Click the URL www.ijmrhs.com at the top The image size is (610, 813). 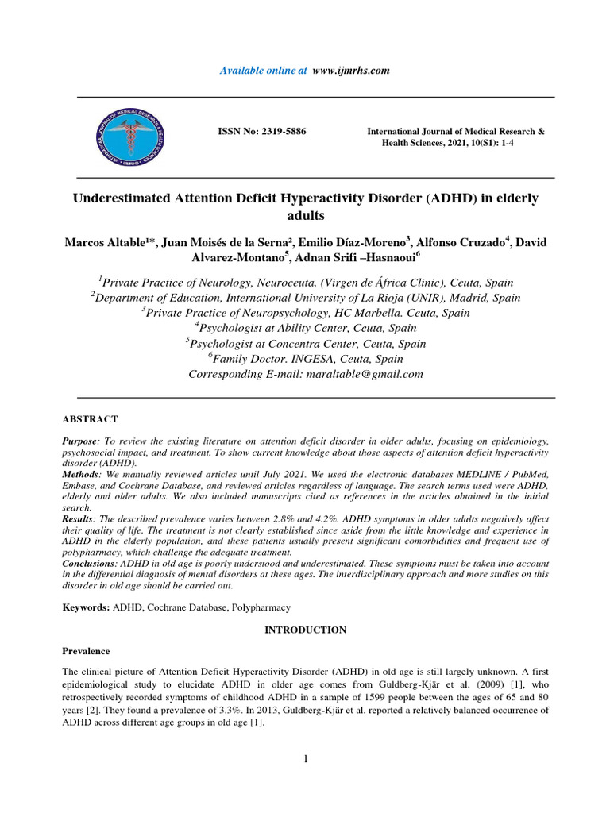tap(351, 71)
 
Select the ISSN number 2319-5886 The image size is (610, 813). tap(280, 131)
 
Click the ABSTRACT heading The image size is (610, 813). tap(90, 418)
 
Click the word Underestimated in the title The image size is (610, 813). tap(124, 198)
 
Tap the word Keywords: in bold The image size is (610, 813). tap(87, 607)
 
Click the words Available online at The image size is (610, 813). tap(263, 71)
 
